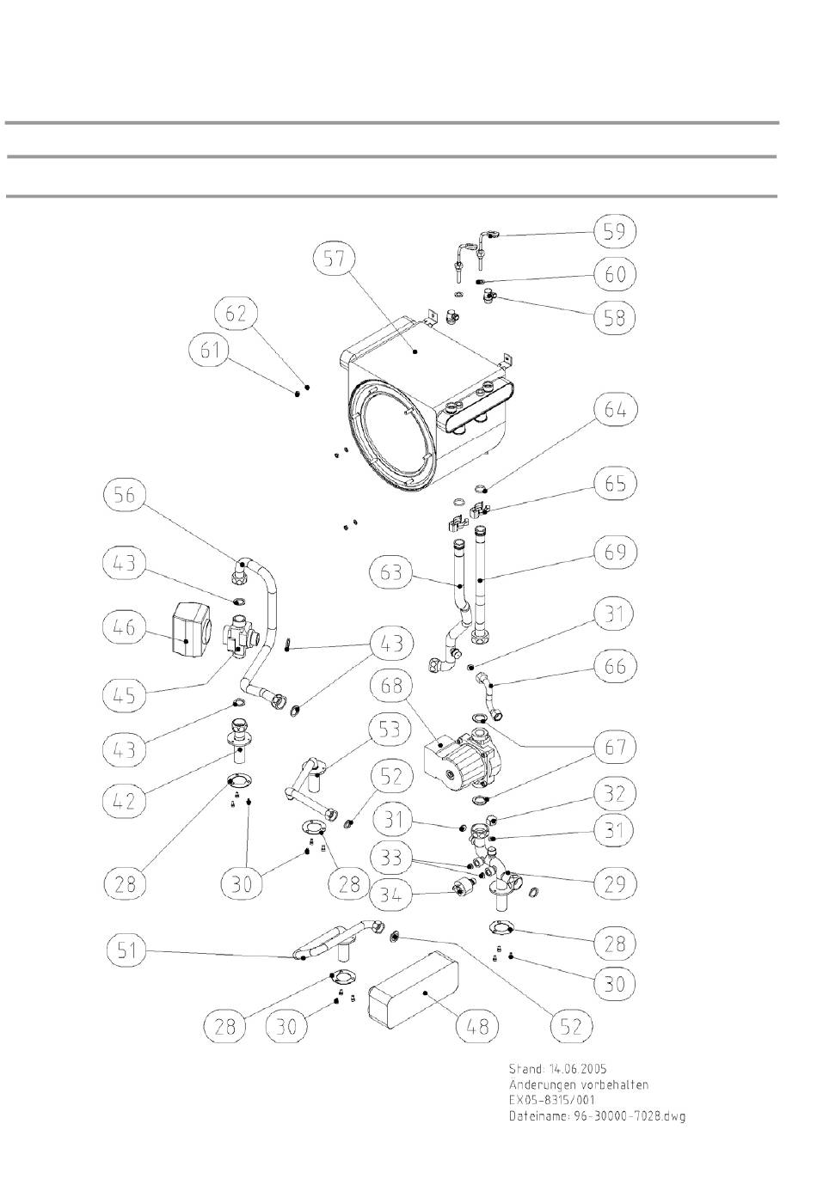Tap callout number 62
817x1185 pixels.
[x=236, y=314]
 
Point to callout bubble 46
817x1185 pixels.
[x=126, y=627]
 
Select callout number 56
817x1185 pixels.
[x=126, y=495]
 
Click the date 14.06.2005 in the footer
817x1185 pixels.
[x=578, y=1069]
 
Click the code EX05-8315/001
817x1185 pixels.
[x=551, y=1100]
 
